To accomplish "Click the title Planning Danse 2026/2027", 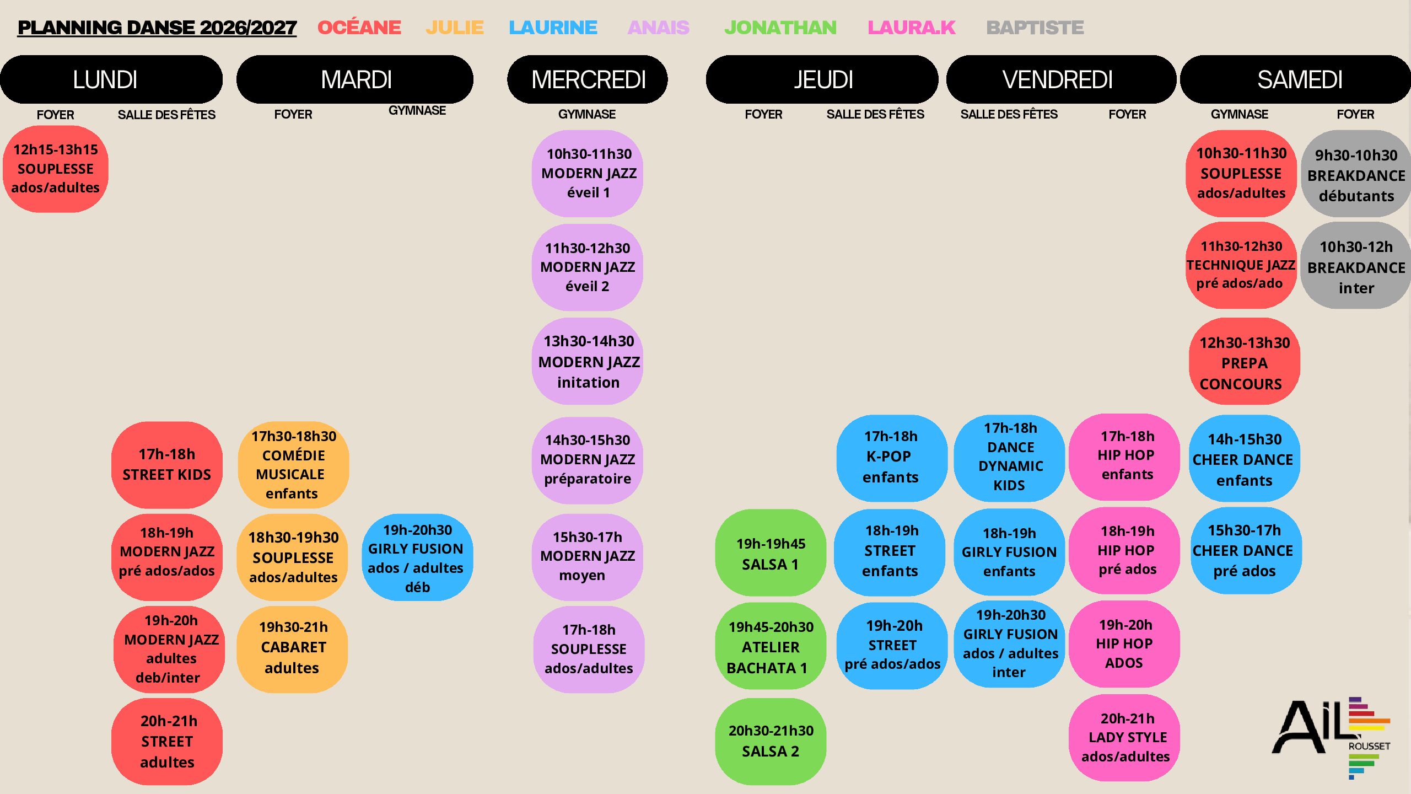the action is tap(157, 28).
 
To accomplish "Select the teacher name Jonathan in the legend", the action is tap(780, 28).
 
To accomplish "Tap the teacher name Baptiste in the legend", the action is tap(1035, 28).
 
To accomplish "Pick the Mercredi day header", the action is tap(588, 79).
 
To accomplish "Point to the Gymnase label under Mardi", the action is tap(417, 110).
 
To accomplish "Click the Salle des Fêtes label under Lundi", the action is tap(166, 115).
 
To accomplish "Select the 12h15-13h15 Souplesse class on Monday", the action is tap(56, 169).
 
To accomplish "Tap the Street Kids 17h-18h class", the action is tap(167, 464).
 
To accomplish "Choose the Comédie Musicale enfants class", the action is tap(293, 464).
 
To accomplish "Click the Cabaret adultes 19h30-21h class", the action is tap(293, 648).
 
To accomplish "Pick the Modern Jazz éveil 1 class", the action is tap(588, 173).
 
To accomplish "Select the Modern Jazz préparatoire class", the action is tap(588, 460).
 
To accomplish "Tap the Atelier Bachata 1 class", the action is tap(771, 646).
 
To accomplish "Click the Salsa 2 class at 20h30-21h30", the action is tap(771, 741).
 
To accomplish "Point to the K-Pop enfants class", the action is tap(892, 458).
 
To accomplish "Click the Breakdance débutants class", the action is tap(1356, 174).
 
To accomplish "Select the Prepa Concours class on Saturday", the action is tap(1243, 362).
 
